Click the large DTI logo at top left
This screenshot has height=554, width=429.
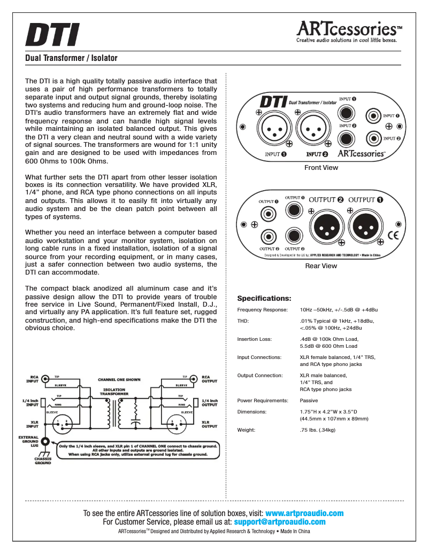[52, 35]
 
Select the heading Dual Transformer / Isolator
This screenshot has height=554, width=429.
[71, 58]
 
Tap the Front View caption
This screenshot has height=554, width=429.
[321, 168]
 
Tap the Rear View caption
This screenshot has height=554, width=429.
[321, 266]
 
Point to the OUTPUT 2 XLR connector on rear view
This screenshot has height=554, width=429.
[325, 226]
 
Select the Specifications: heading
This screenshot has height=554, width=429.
[264, 298]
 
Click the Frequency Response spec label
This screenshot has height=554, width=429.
[262, 310]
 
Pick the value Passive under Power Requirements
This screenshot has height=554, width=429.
[309, 401]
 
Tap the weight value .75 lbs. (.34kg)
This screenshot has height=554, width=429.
[318, 430]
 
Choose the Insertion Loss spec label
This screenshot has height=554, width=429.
[255, 339]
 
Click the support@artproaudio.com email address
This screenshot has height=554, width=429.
[280, 522]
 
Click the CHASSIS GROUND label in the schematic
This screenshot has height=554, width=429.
[43, 461]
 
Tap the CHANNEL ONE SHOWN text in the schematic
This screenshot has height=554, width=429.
[119, 380]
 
